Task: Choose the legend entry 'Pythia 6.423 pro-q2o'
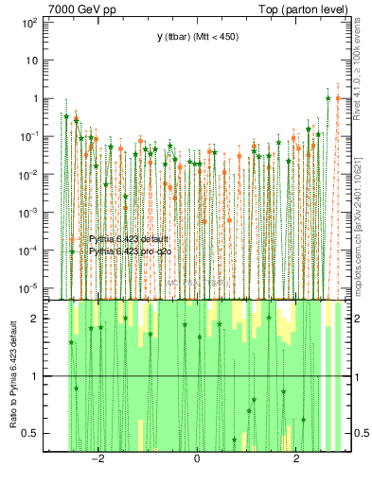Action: point(133,251)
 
